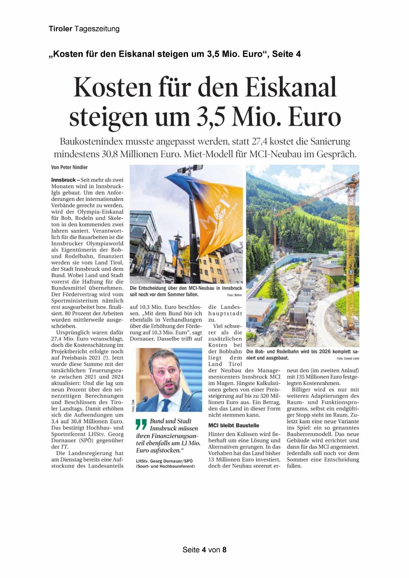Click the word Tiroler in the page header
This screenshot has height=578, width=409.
60,29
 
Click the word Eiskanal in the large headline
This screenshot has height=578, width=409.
291,87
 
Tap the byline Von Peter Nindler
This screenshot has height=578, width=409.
69,167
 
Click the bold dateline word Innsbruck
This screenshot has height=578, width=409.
63,180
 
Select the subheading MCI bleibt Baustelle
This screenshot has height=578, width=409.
234,425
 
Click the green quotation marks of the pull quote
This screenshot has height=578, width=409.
141,424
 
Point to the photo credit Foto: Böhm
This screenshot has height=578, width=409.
234,295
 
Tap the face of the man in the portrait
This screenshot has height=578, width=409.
165,376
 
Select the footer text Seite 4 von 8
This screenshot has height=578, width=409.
204,550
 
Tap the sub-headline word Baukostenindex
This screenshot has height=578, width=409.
91,142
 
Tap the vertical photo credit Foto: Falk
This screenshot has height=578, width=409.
133,405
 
